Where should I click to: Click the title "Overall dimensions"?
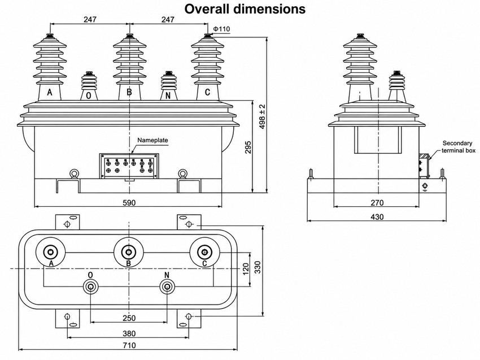click(245, 9)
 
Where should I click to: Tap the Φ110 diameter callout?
click(221, 29)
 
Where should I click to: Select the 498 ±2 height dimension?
click(263, 117)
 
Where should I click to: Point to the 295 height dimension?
click(248, 148)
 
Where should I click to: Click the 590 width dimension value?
click(129, 202)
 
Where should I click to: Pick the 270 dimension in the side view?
click(377, 202)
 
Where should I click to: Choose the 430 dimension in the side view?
click(377, 216)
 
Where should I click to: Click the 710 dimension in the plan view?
click(129, 345)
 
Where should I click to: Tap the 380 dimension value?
click(129, 333)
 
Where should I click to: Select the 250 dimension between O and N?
click(129, 318)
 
